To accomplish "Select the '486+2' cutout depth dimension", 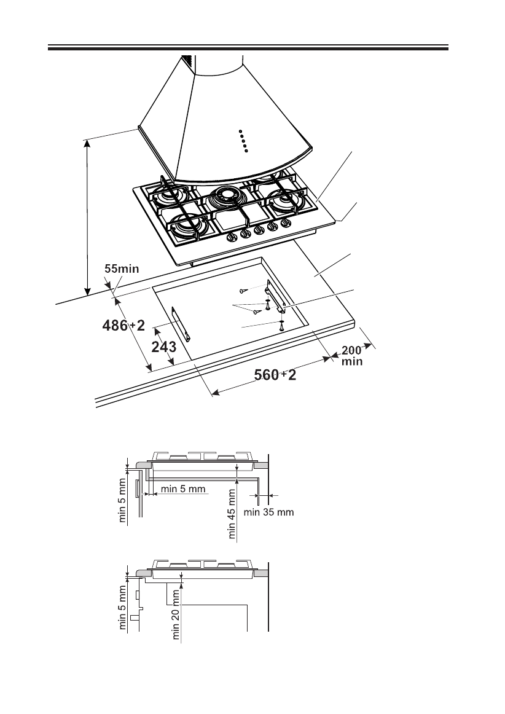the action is coord(123,326).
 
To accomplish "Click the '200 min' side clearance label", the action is coord(352,356).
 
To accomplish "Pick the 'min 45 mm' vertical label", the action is coord(232,513).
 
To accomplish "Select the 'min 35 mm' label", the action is coord(269,511).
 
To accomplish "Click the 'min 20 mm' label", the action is coord(177,615).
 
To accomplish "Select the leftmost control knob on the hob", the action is coord(233,237).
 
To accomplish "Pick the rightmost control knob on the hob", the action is coord(284,226).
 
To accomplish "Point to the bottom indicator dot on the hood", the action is coord(246,151).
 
